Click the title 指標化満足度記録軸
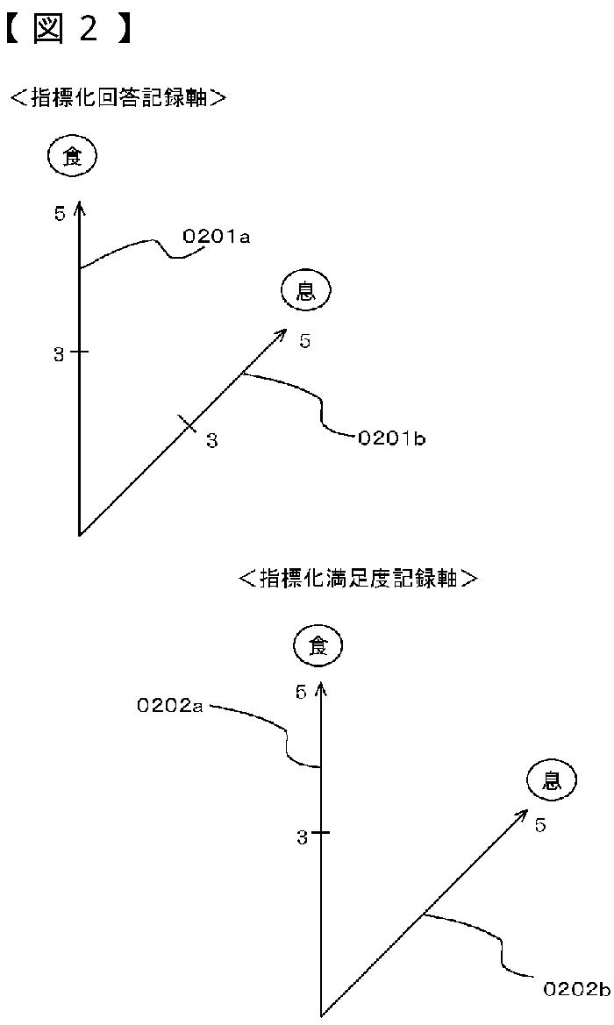click(x=360, y=578)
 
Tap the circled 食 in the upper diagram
click(x=73, y=157)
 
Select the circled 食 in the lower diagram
click(x=317, y=646)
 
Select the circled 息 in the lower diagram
click(x=552, y=779)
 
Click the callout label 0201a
click(x=216, y=236)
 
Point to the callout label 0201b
click(x=391, y=438)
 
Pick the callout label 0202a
click(x=170, y=705)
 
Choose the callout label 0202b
click(x=576, y=989)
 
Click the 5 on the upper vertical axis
click(x=60, y=213)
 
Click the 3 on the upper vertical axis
click(x=59, y=353)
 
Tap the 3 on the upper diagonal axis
click(x=211, y=440)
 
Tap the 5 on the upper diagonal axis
click(x=304, y=341)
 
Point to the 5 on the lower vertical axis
click(x=301, y=693)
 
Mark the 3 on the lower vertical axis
click(x=302, y=837)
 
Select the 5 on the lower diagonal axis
click(x=540, y=825)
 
